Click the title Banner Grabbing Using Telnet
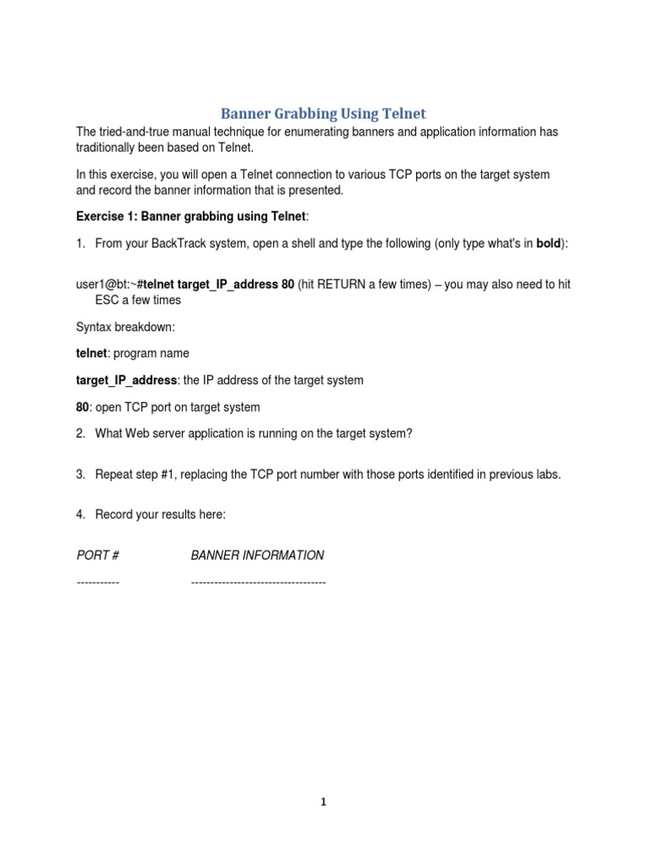(x=323, y=113)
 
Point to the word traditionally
(x=108, y=147)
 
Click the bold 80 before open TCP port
(x=83, y=407)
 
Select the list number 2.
(x=80, y=433)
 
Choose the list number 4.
(x=80, y=515)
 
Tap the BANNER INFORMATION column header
(x=257, y=555)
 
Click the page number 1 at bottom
(x=323, y=802)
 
